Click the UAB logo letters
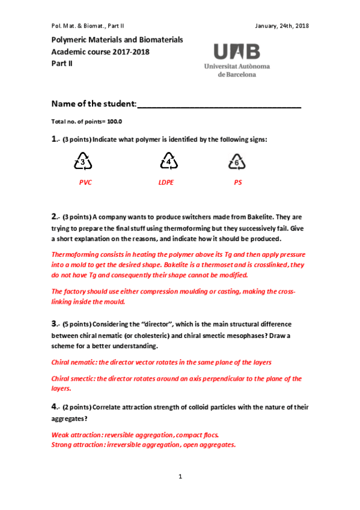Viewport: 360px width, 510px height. tap(236, 50)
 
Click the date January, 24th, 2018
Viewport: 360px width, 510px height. tap(282, 26)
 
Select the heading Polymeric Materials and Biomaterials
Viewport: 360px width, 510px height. tap(117, 40)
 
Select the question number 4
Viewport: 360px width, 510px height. tap(54, 407)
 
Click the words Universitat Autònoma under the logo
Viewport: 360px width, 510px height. tap(237, 66)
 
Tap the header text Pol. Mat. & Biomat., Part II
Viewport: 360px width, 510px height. tap(88, 26)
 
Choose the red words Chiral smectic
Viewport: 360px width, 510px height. tap(73, 379)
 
